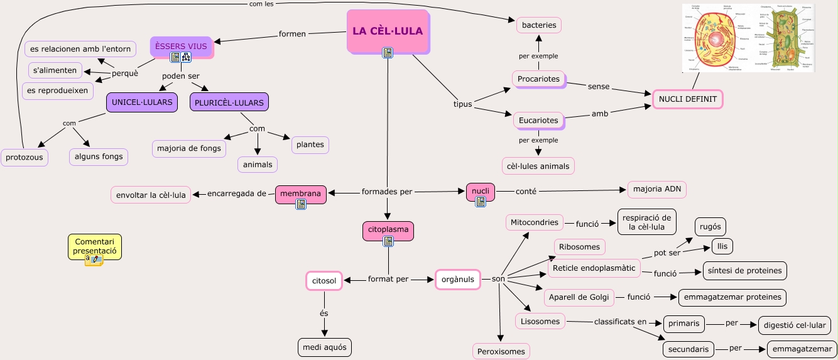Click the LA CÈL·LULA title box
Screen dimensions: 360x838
click(387, 31)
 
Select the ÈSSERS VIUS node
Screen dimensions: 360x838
click(181, 46)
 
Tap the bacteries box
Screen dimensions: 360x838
click(539, 25)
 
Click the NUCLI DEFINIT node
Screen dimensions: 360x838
click(688, 99)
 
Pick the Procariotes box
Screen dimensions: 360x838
click(538, 79)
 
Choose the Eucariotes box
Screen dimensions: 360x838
click(538, 120)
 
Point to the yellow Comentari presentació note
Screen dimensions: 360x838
click(95, 246)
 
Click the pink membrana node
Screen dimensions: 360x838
click(302, 194)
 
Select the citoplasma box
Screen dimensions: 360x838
click(388, 229)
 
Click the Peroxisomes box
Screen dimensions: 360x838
click(501, 351)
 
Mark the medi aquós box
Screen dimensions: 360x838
click(324, 347)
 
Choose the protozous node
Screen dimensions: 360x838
click(25, 156)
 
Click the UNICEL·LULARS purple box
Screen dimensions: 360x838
click(142, 102)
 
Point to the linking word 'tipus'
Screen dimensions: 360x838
click(462, 104)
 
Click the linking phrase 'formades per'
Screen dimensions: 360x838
click(387, 192)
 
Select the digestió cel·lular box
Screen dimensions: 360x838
click(795, 325)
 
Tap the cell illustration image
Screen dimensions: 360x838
click(748, 38)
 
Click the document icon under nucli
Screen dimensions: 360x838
click(481, 202)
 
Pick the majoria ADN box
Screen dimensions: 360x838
click(658, 190)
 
